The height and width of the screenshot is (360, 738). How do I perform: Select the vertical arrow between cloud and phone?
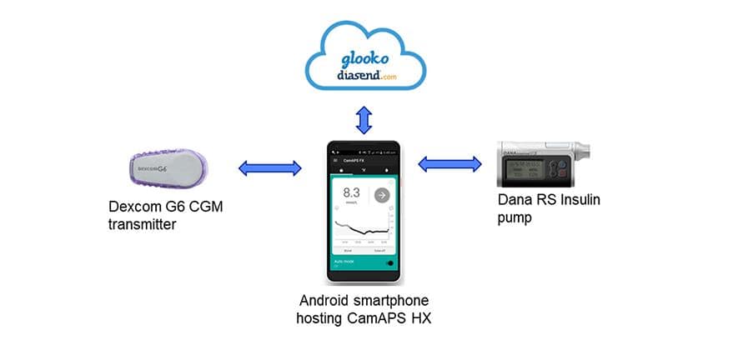(364, 118)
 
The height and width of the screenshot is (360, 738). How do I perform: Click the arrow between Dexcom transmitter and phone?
(270, 168)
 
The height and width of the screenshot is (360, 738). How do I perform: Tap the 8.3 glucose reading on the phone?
(350, 195)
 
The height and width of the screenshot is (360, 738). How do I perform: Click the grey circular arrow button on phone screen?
(381, 195)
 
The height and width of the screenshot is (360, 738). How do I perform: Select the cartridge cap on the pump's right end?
(587, 153)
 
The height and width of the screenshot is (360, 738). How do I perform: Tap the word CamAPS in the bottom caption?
(373, 317)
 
